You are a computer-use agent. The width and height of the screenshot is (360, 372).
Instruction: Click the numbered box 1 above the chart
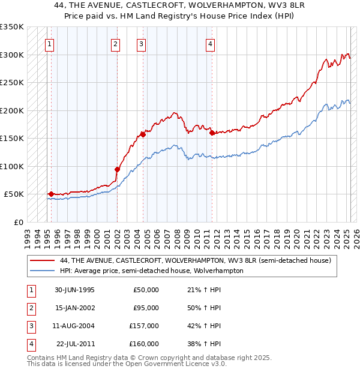tap(49, 43)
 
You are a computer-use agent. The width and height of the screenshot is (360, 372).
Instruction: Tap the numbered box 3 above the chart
tap(141, 43)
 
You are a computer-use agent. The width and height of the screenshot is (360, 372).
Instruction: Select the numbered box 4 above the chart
tap(211, 43)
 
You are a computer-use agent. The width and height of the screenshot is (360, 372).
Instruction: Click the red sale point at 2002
tap(117, 169)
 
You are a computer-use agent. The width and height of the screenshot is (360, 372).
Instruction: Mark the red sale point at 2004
tap(143, 134)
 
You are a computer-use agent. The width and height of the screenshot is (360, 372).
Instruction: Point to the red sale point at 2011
tap(212, 133)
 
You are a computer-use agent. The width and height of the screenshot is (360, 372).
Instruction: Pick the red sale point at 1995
tap(52, 194)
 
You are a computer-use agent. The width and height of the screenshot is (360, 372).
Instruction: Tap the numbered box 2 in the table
tap(31, 308)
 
